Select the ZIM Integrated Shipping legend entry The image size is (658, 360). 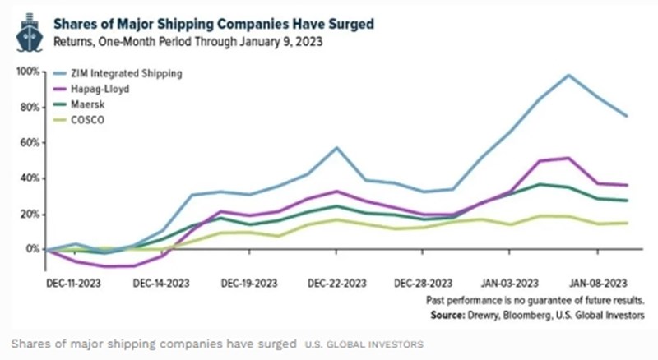tap(126, 74)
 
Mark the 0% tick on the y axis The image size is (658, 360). tap(34, 249)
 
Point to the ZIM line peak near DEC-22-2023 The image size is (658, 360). tap(337, 148)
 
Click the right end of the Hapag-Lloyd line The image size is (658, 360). tap(628, 185)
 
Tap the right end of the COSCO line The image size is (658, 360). tap(628, 223)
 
